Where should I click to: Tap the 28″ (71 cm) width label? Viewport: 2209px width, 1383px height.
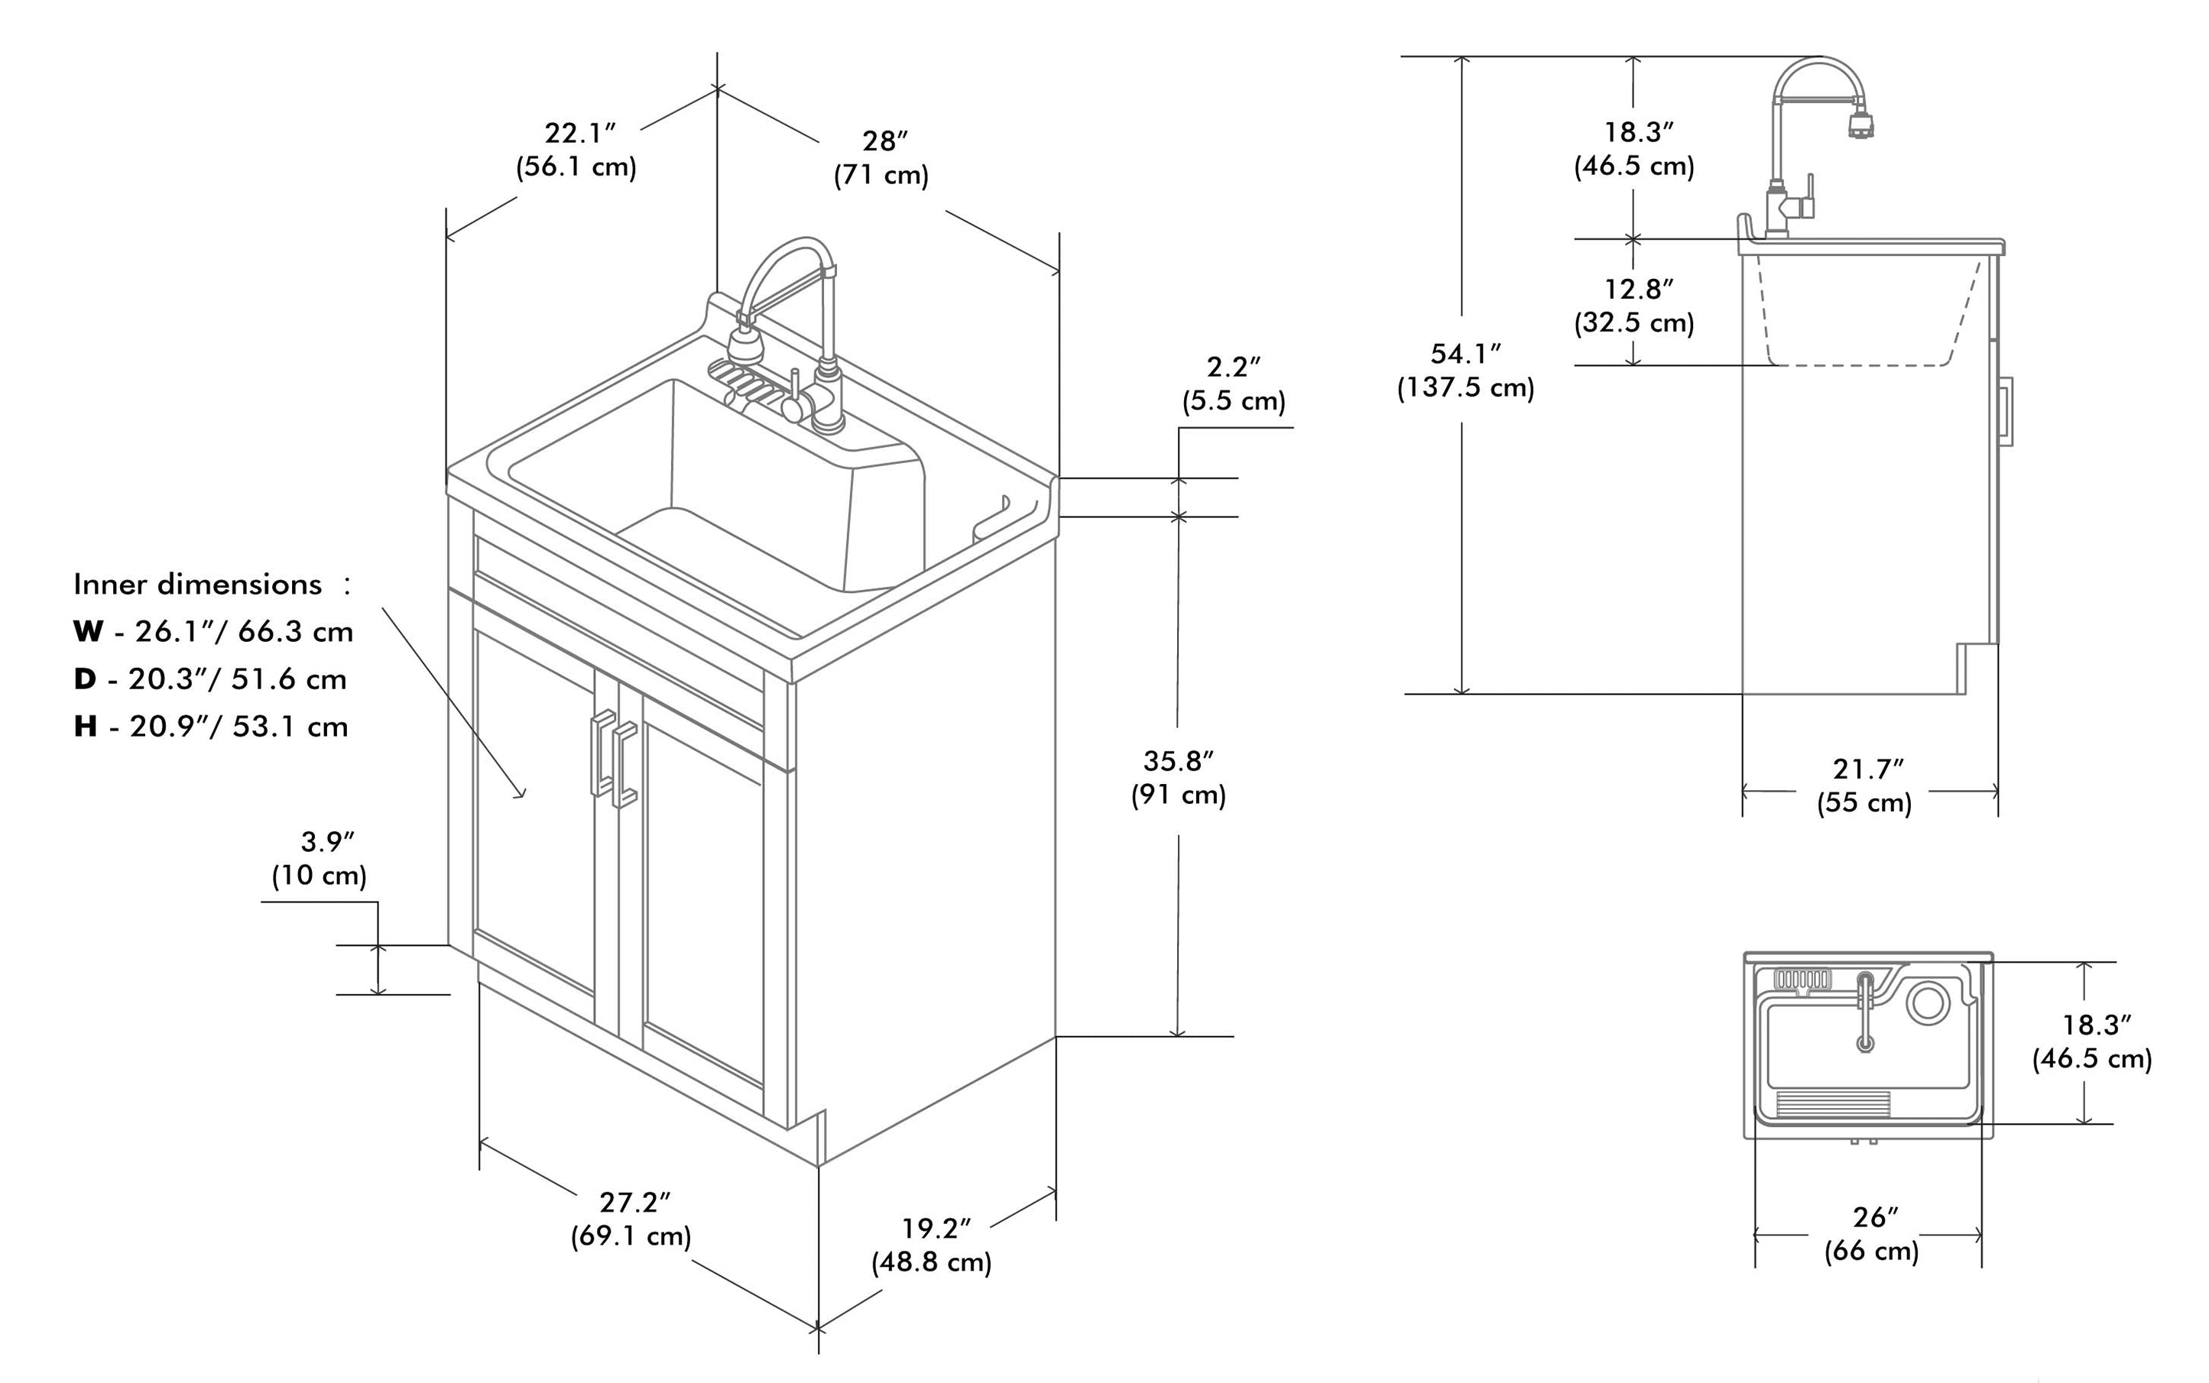[882, 157]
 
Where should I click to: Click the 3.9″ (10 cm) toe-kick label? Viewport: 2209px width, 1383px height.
[320, 858]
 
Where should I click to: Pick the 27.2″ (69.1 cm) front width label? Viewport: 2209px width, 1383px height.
[631, 1219]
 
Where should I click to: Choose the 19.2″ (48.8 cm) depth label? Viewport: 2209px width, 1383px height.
[932, 1245]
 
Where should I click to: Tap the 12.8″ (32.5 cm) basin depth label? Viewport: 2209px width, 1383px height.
[1634, 306]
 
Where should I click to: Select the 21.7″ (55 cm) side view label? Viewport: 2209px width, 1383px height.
[1866, 785]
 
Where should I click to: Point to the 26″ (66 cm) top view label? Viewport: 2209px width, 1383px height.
[1872, 1234]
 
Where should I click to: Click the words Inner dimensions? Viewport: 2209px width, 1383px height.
[198, 585]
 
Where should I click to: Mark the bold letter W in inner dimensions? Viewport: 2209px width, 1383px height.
[88, 631]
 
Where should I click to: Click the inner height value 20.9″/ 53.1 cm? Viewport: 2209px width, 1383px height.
[238, 726]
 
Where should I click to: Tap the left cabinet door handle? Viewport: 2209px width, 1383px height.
[603, 752]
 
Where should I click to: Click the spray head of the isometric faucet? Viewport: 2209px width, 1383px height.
[746, 348]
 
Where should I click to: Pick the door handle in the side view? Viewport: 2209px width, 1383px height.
[2006, 412]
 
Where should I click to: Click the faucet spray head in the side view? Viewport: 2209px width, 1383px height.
[1860, 125]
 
